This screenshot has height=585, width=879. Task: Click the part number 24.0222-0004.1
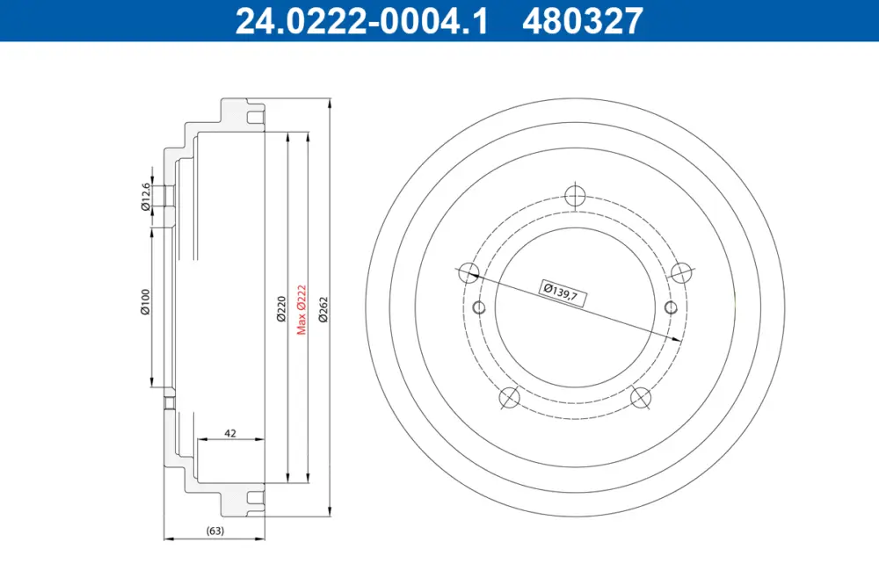361,21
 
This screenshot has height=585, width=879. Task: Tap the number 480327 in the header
583,21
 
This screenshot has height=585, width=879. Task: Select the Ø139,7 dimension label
563,292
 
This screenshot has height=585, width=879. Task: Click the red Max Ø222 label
301,310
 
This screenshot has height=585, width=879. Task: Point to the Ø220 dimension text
281,309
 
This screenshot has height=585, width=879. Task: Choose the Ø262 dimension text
323,309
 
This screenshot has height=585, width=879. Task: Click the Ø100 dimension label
146,301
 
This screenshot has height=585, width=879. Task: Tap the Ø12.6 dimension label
146,197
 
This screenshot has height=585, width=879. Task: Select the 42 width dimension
229,433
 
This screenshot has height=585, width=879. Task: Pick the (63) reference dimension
215,530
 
